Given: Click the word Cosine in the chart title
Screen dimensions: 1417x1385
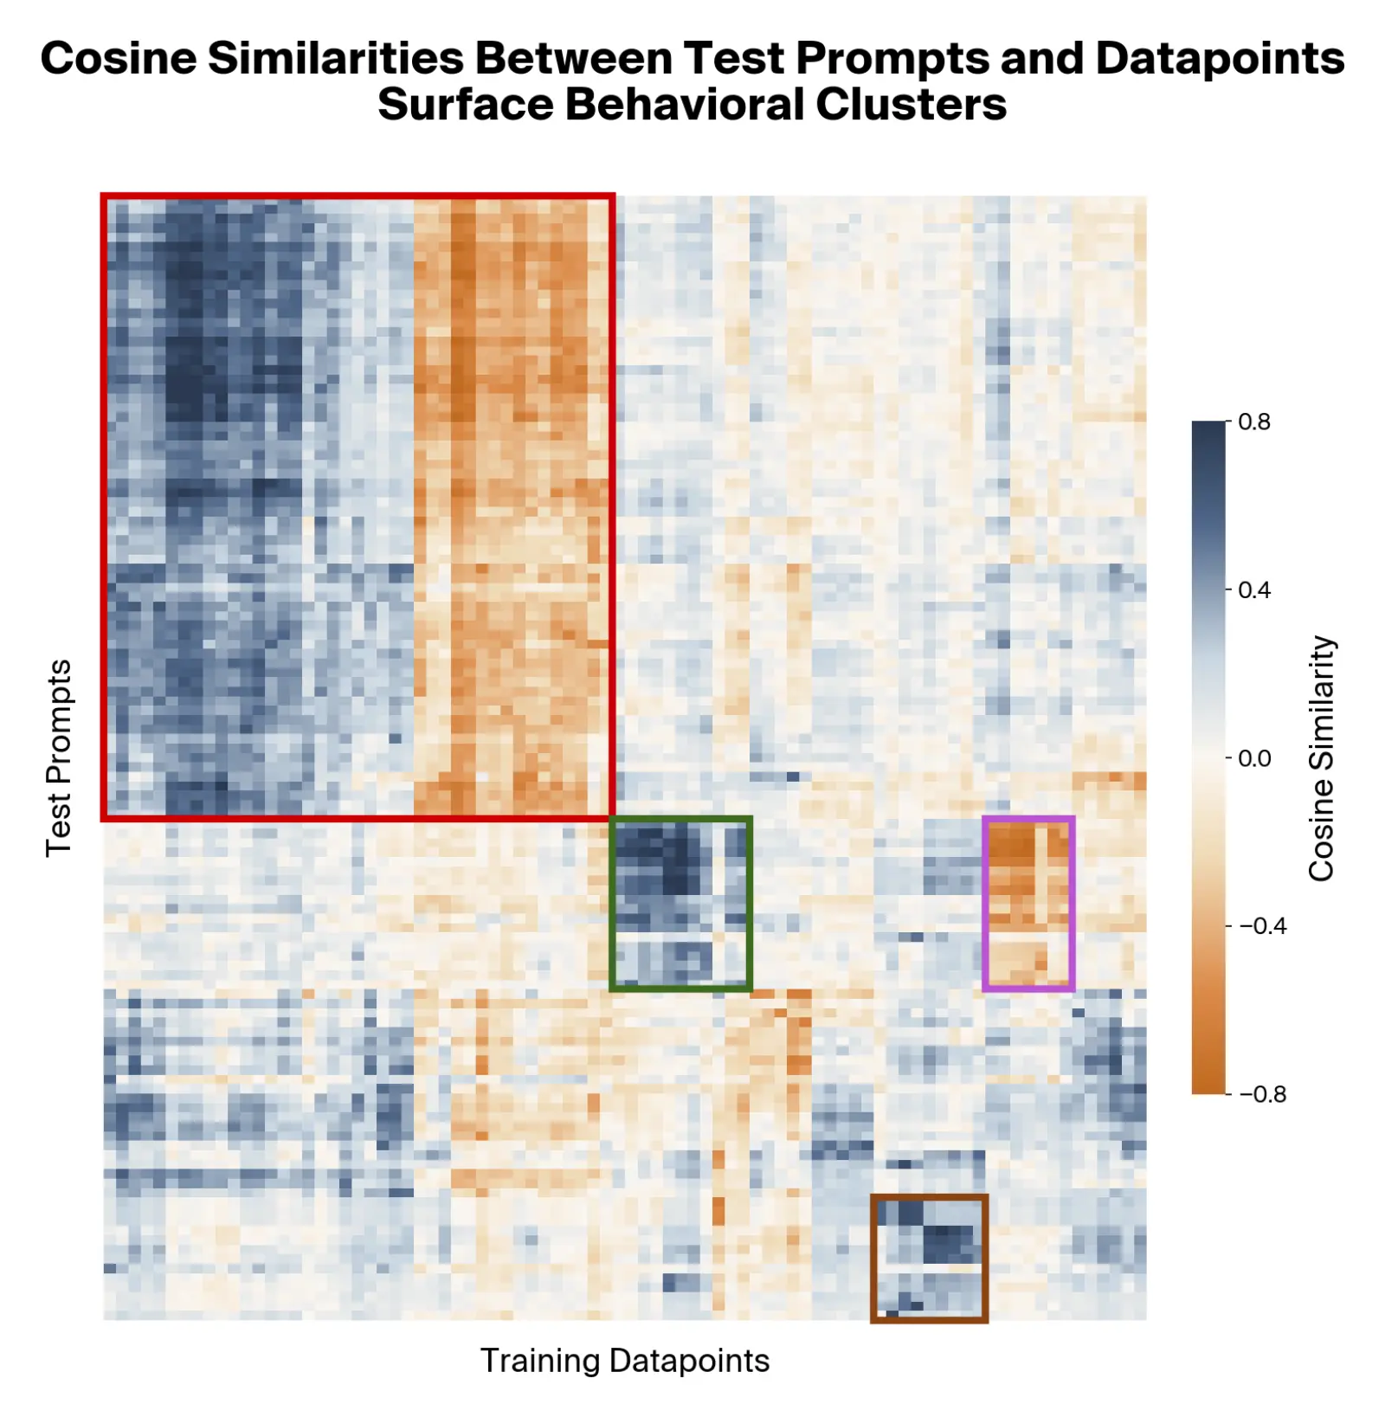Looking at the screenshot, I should pyautogui.click(x=119, y=59).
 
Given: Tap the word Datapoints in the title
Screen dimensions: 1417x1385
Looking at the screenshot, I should pyautogui.click(x=1220, y=59).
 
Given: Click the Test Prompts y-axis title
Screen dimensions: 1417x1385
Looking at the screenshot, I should pyautogui.click(x=58, y=757).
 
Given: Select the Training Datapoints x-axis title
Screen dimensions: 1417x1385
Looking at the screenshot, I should pyautogui.click(x=624, y=1360).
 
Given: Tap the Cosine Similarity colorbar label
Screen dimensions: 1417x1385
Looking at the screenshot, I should pyautogui.click(x=1321, y=757).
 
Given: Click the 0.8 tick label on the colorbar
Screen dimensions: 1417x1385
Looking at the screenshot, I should pyautogui.click(x=1254, y=422).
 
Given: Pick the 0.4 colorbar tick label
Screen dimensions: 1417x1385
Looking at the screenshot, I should pyautogui.click(x=1254, y=589).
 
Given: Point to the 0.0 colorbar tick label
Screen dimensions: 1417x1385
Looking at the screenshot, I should pyautogui.click(x=1254, y=758).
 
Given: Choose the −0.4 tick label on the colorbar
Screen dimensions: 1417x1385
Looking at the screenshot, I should pyautogui.click(x=1262, y=926).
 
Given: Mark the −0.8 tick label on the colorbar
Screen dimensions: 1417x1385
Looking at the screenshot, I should pyautogui.click(x=1262, y=1094).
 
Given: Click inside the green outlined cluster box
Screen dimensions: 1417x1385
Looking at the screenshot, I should pyautogui.click(x=680, y=903).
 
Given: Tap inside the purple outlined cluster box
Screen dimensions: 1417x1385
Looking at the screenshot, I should pyautogui.click(x=1028, y=903).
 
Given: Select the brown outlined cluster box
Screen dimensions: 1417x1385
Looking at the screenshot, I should pyautogui.click(x=929, y=1258).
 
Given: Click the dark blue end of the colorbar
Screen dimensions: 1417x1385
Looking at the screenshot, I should pyautogui.click(x=1208, y=433).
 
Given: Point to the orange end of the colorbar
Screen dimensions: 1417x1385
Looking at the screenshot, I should pyautogui.click(x=1208, y=1082).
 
